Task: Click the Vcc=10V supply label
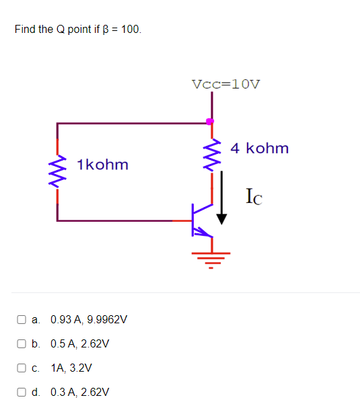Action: click(x=226, y=85)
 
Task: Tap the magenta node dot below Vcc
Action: click(x=210, y=121)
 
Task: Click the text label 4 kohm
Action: click(x=260, y=148)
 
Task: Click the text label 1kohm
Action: click(x=102, y=165)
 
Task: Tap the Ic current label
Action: click(x=254, y=197)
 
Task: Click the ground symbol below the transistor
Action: click(x=211, y=255)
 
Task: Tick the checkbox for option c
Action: click(x=22, y=368)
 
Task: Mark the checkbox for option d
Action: click(x=22, y=393)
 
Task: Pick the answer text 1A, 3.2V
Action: click(x=71, y=368)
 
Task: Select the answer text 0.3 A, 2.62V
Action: click(x=79, y=393)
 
